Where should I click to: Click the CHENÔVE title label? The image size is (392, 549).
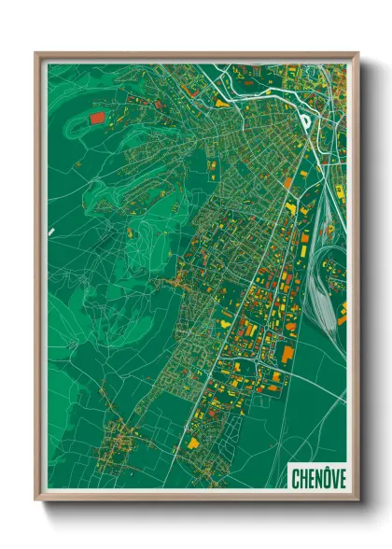318,478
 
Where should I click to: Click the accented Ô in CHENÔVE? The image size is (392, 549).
327,478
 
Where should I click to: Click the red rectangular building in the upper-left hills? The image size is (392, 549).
97,119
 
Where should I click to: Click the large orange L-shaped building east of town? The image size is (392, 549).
287,354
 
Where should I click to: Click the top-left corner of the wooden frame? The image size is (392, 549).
36,53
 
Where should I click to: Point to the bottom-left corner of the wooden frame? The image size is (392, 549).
36,501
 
